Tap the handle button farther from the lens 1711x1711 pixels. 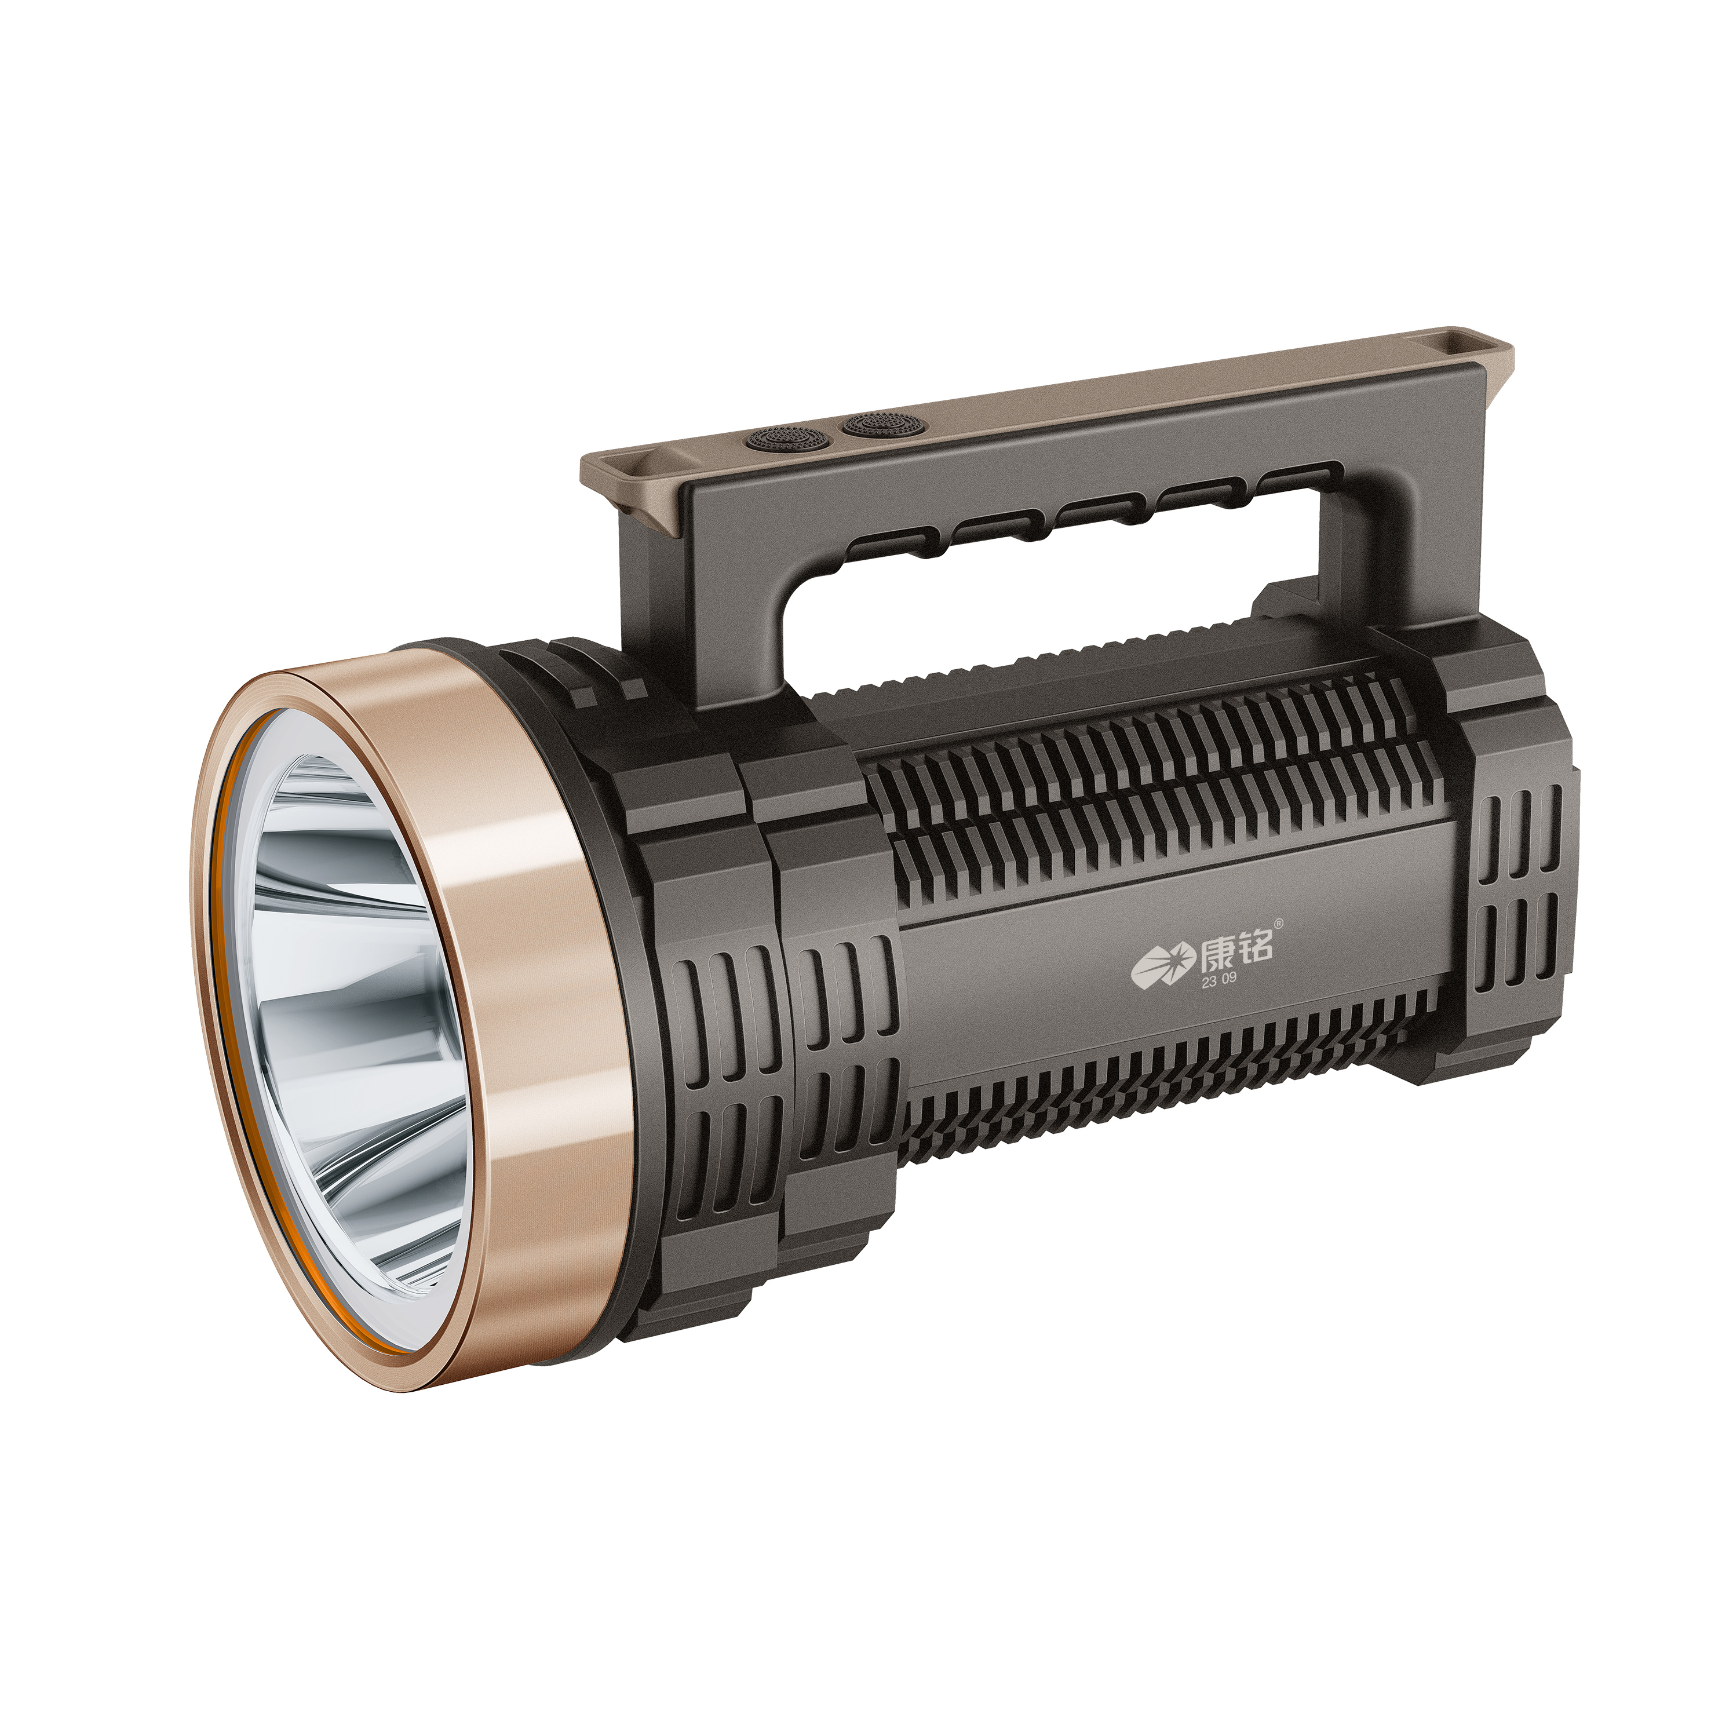coord(876,424)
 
